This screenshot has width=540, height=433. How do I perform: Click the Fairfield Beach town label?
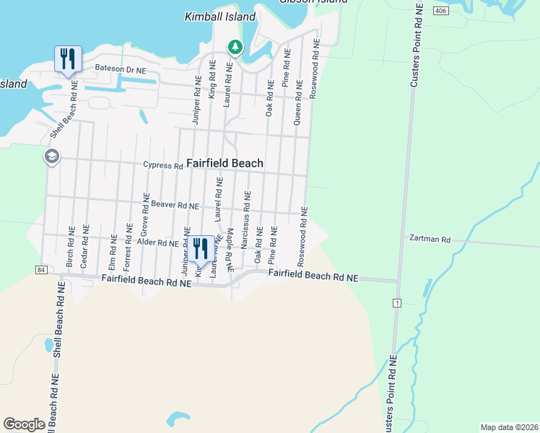coord(225,164)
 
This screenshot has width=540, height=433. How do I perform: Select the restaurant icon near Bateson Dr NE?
coord(69,60)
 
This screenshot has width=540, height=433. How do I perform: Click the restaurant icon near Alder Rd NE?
coord(201,250)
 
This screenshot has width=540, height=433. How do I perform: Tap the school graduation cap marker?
coord(52,157)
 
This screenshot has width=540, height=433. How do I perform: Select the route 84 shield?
coord(39,269)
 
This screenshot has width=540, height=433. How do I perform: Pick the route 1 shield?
coord(396,302)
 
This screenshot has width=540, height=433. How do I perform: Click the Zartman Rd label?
coord(430,239)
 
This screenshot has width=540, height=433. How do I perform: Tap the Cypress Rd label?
coord(163,165)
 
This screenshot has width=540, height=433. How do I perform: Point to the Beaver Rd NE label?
coord(170,206)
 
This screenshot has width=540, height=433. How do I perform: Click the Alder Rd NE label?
coord(158,244)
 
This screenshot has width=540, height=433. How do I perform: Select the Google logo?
coord(24,424)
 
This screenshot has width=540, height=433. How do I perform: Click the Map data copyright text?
coord(508,427)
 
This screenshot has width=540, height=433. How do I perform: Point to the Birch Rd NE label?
coord(70,250)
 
